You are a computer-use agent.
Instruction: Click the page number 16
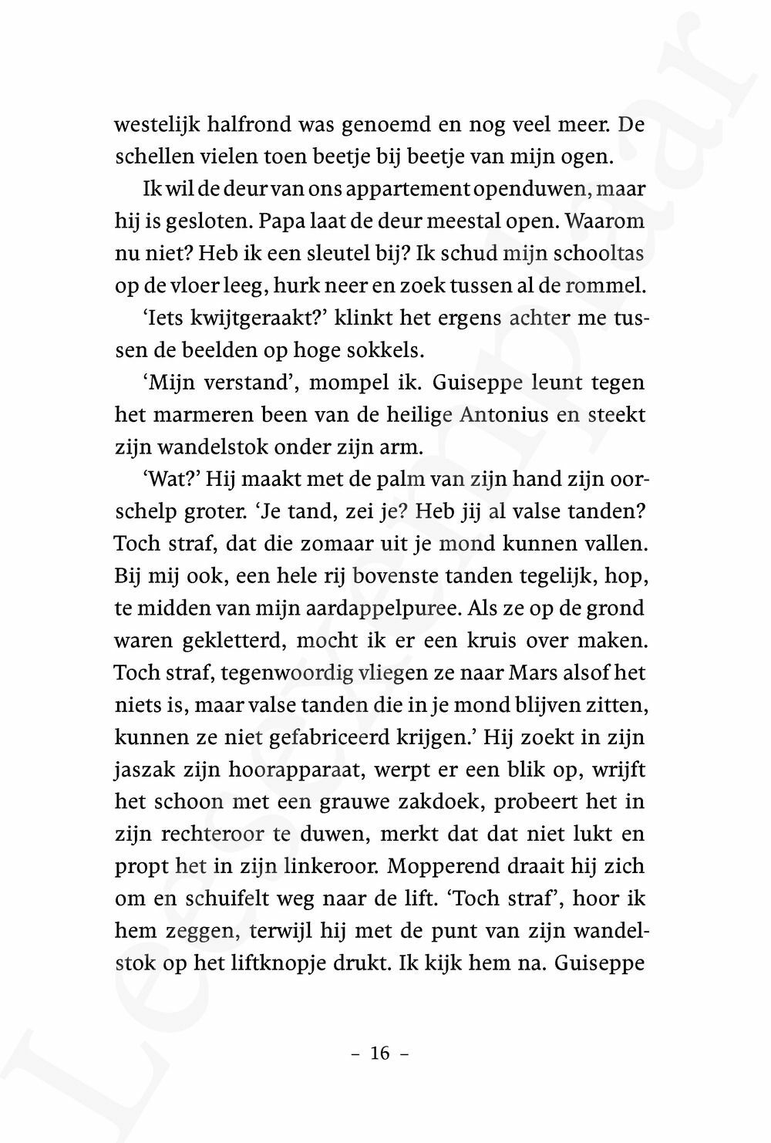pyautogui.click(x=380, y=1054)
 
